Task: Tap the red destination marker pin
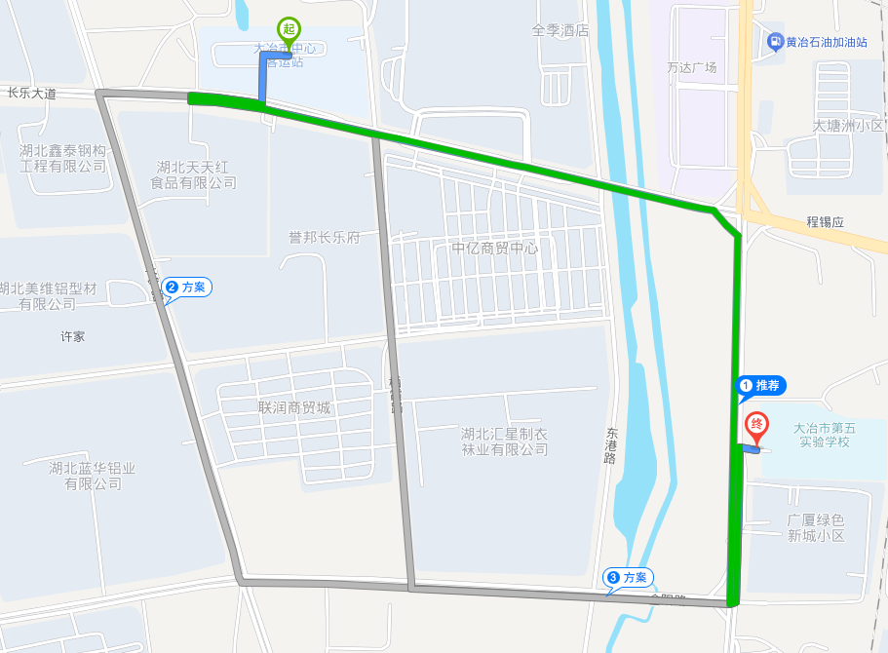756,426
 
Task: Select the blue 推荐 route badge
761,386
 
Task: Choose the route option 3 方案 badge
628,578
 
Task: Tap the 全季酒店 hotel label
560,30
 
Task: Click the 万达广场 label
692,67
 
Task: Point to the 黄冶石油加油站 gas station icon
775,41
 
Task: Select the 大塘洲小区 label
848,126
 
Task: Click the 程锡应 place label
825,222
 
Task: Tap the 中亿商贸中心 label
495,248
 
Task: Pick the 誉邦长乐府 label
325,237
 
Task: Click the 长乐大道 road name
32,94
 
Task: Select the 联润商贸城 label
294,407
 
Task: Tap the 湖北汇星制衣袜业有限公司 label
505,442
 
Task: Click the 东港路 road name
611,444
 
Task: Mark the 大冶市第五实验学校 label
825,435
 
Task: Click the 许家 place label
73,336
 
